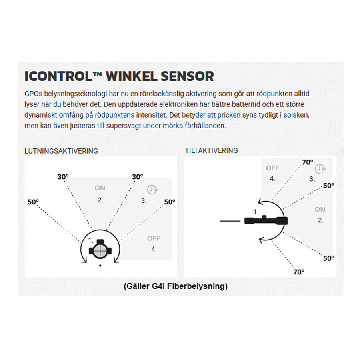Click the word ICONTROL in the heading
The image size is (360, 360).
click(x=58, y=76)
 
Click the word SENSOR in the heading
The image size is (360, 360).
click(x=187, y=76)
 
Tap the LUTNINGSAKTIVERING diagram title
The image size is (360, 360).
click(x=61, y=151)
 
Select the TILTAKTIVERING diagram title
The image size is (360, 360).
click(x=212, y=150)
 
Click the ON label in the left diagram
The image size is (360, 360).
click(x=100, y=188)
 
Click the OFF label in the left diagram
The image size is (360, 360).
click(x=154, y=238)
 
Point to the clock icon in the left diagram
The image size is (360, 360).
click(x=152, y=190)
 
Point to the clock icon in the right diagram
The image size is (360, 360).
click(x=320, y=169)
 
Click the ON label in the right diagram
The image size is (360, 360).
click(x=320, y=209)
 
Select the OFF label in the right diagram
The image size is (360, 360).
click(x=272, y=168)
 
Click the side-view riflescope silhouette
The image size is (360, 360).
click(x=266, y=220)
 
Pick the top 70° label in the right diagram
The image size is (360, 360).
click(x=308, y=162)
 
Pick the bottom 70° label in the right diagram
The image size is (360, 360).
click(x=299, y=272)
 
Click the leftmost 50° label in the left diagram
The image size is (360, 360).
click(x=33, y=202)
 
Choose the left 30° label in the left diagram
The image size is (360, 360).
click(x=63, y=177)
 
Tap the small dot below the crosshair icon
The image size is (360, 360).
click(x=100, y=266)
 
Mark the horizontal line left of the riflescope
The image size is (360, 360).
click(x=230, y=221)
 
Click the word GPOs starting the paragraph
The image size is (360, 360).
click(x=33, y=94)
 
